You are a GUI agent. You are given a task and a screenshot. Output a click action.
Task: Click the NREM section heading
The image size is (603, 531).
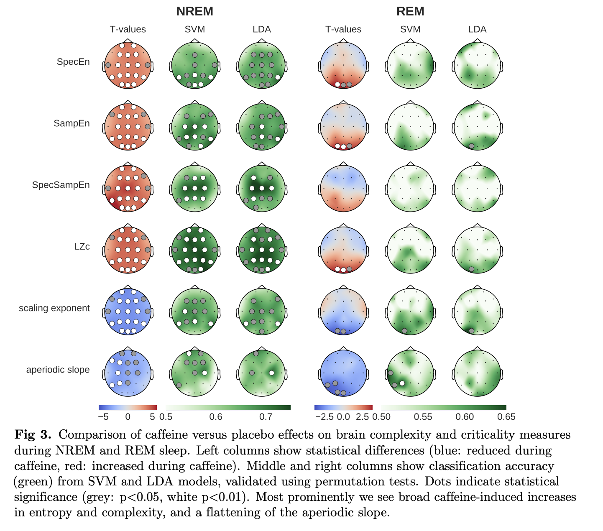pyautogui.click(x=194, y=11)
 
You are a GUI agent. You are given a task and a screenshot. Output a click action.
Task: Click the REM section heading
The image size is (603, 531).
pyautogui.click(x=410, y=11)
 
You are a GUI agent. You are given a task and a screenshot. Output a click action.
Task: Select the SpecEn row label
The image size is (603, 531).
pyautogui.click(x=73, y=62)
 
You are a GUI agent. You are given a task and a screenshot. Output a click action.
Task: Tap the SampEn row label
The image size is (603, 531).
pyautogui.click(x=72, y=123)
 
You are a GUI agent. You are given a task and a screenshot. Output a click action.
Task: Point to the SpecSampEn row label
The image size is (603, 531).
pyautogui.click(x=61, y=185)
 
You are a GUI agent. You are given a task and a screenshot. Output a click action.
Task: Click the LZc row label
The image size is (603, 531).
pyautogui.click(x=82, y=246)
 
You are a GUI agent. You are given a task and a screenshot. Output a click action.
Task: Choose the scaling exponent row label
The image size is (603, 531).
pyautogui.click(x=54, y=308)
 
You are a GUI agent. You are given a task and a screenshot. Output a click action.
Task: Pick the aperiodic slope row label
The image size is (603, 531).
pyautogui.click(x=58, y=370)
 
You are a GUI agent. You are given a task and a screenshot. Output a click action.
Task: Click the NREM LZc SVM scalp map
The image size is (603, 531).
pyautogui.click(x=195, y=250)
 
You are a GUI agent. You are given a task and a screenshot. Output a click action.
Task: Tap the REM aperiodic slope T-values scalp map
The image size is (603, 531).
pyautogui.click(x=343, y=373)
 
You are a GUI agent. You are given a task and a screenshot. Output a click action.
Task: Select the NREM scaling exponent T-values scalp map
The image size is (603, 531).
pyautogui.click(x=128, y=311)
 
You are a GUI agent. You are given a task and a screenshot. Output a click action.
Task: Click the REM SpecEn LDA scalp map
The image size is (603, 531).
pyautogui.click(x=477, y=65)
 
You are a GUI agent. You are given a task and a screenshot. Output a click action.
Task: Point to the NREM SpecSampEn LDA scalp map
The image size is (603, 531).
pyautogui.click(x=262, y=188)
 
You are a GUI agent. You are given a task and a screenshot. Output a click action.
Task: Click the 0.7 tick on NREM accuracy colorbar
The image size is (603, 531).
pyautogui.click(x=266, y=417)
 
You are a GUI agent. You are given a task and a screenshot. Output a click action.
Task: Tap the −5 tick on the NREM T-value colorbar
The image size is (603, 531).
pyautogui.click(x=103, y=417)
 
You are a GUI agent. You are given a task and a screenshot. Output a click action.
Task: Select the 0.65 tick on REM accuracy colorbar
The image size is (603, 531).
pyautogui.click(x=506, y=417)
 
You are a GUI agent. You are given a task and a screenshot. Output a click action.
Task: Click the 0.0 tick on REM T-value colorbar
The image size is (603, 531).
pyautogui.click(x=343, y=417)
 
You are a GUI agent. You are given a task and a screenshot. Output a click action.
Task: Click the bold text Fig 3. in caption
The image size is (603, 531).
pyautogui.click(x=33, y=435)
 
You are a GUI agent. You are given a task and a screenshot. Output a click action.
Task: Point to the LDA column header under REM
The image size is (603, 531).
pyautogui.click(x=477, y=29)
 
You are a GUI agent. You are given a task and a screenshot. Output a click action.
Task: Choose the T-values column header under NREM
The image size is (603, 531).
pyautogui.click(x=128, y=29)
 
